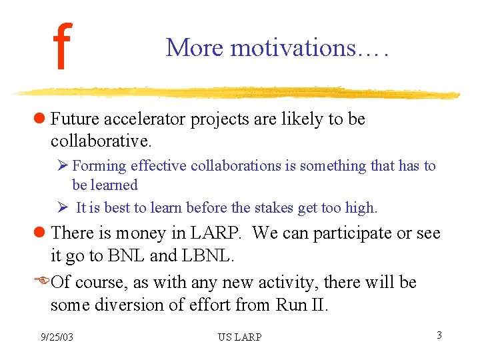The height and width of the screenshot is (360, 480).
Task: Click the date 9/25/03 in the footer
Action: (x=57, y=337)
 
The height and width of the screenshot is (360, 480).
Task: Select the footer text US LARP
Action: (x=240, y=337)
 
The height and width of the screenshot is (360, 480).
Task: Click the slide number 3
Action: (x=439, y=335)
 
